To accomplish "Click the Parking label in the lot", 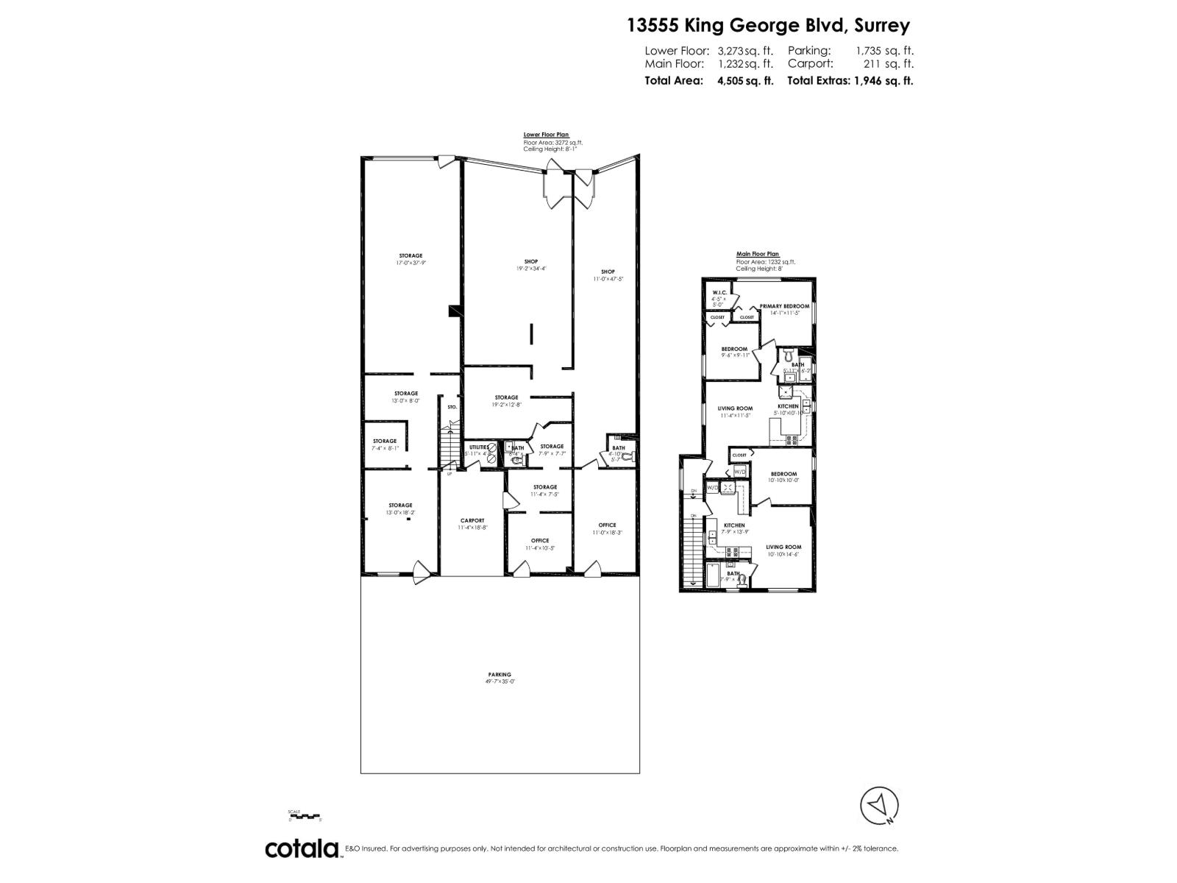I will (x=499, y=675).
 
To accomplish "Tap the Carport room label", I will (x=472, y=520).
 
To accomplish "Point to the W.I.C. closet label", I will (x=719, y=293).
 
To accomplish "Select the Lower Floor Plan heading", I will (x=546, y=135).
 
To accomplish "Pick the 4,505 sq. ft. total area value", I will (x=745, y=81).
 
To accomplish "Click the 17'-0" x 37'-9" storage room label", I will (x=410, y=256).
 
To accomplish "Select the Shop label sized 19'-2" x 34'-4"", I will (x=531, y=262).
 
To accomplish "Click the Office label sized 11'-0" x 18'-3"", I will (x=607, y=525).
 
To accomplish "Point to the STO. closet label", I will (x=452, y=407).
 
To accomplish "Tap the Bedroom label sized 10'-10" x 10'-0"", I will (x=783, y=474).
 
